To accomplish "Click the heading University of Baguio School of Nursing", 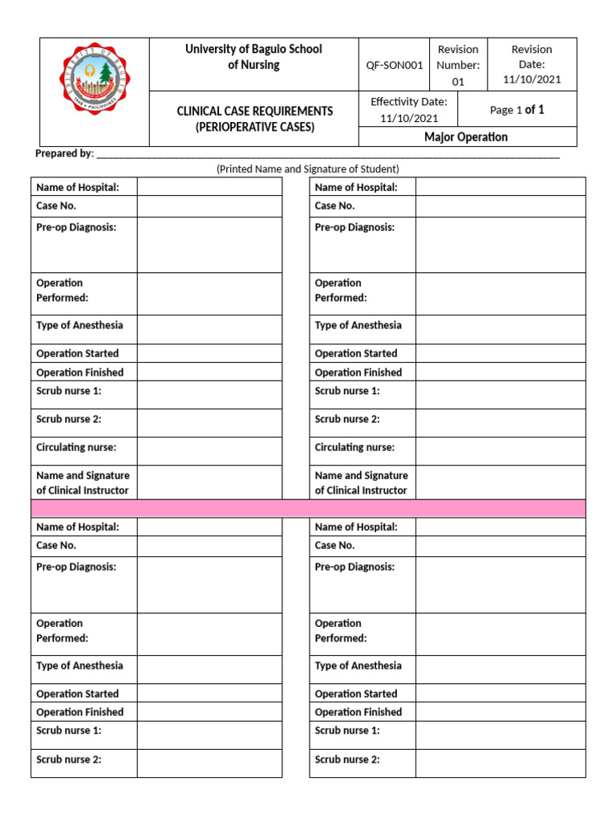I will tap(253, 57).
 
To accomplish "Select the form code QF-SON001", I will tap(394, 65).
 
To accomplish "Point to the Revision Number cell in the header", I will tap(458, 65).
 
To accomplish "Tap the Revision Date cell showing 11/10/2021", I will tap(532, 64).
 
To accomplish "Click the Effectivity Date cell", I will tap(409, 109).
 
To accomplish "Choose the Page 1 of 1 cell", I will tap(517, 109).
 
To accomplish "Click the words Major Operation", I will tap(466, 137).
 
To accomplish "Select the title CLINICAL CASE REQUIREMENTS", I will tap(255, 111).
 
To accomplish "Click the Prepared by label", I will tap(64, 153).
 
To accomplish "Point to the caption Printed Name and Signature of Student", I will tap(308, 169).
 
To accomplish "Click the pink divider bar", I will tap(308, 508).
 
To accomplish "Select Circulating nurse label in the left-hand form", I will tap(75, 447).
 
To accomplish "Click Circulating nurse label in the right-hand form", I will tap(355, 447).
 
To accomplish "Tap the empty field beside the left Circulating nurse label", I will tap(209, 451).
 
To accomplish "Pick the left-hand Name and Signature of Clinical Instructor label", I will tap(83, 482).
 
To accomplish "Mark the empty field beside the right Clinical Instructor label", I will tap(500, 482).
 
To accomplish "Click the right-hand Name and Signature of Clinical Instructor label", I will tap(361, 482).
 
